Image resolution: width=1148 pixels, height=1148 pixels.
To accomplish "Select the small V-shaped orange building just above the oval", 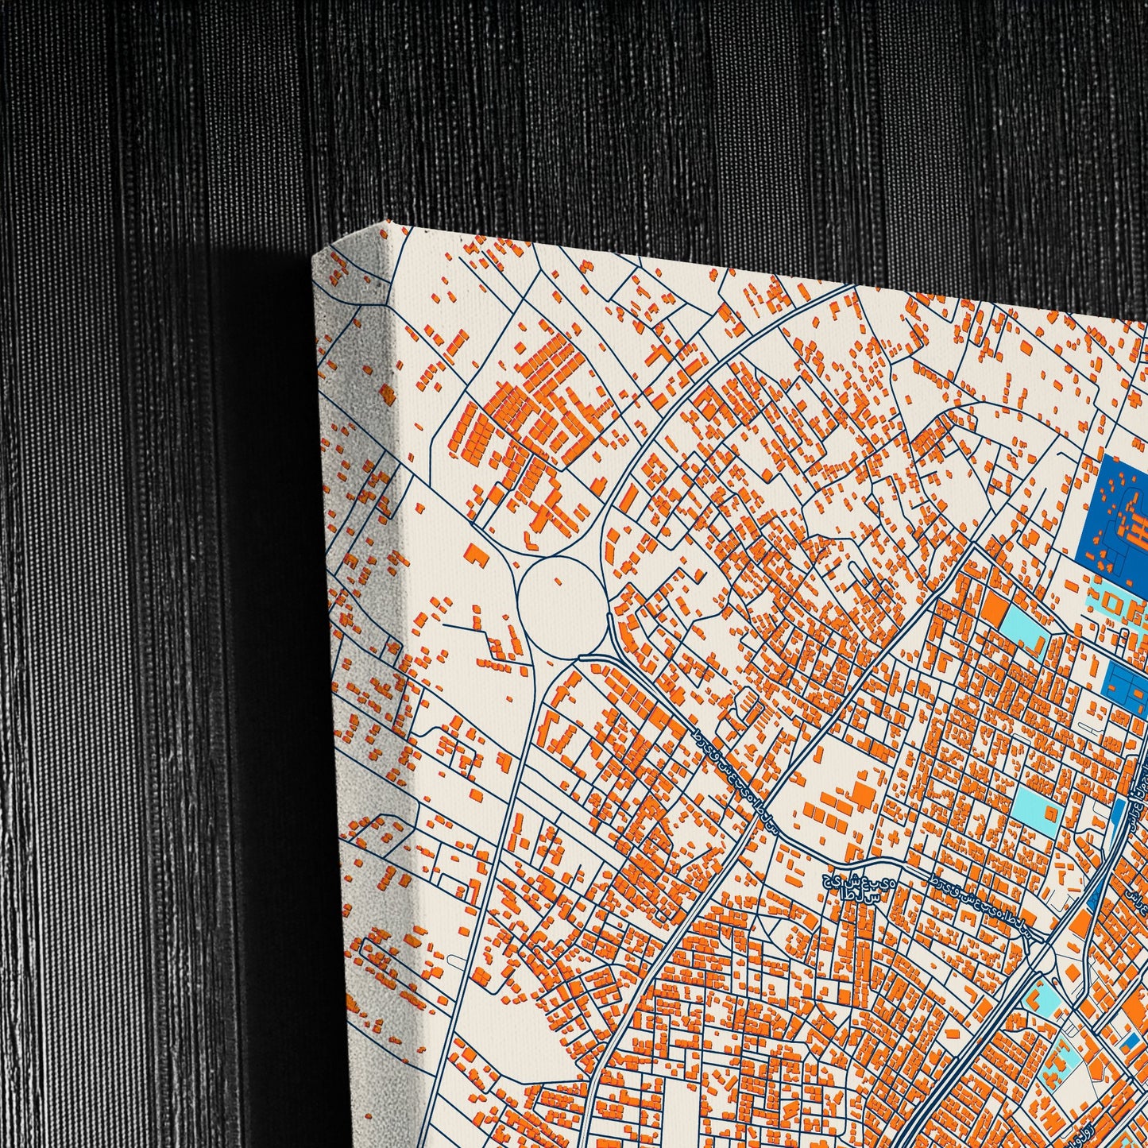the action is pyautogui.click(x=528, y=539).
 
